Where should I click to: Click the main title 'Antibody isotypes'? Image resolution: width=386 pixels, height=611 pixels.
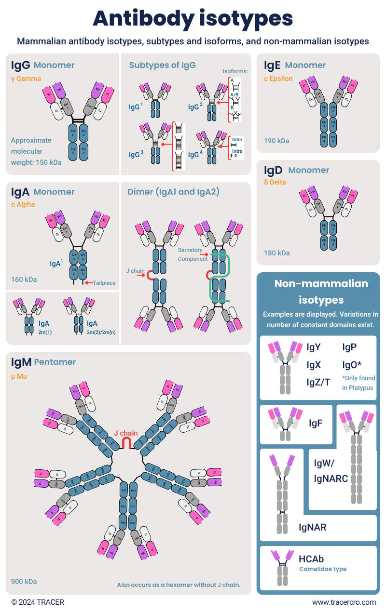pyautogui.click(x=193, y=18)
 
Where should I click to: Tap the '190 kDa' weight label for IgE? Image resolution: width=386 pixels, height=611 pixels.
pyautogui.click(x=276, y=141)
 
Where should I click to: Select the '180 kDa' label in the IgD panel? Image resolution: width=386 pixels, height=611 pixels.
pyautogui.click(x=276, y=253)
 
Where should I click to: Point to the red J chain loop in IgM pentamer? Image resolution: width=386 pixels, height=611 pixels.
pyautogui.click(x=126, y=442)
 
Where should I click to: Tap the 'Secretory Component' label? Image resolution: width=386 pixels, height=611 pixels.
pyautogui.click(x=193, y=254)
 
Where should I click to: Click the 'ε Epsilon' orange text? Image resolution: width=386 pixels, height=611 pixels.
pyautogui.click(x=278, y=78)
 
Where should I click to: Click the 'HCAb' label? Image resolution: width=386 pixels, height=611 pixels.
pyautogui.click(x=311, y=559)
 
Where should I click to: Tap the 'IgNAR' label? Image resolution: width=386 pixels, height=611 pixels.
pyautogui.click(x=312, y=527)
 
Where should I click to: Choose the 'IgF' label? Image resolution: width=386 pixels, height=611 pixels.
pyautogui.click(x=316, y=423)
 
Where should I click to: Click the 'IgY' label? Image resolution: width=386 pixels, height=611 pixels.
pyautogui.click(x=314, y=347)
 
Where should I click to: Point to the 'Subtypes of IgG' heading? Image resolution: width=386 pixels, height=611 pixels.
pyautogui.click(x=162, y=65)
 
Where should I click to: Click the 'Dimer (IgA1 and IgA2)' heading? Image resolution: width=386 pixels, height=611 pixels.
pyautogui.click(x=173, y=192)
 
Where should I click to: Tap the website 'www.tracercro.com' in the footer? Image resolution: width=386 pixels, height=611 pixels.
pyautogui.click(x=344, y=602)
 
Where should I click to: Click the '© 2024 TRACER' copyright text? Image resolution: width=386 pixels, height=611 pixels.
pyautogui.click(x=38, y=602)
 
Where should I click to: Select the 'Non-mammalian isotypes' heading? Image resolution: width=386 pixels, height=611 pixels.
pyautogui.click(x=321, y=292)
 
